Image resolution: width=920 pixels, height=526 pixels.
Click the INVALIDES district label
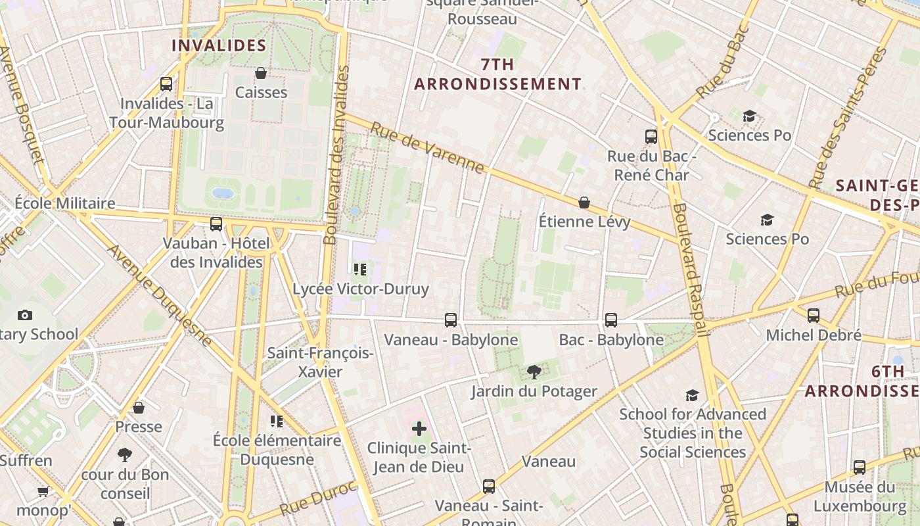[219, 45]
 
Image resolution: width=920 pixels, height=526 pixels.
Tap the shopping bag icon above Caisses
[261, 73]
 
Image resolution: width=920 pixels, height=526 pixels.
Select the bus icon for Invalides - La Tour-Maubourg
[166, 84]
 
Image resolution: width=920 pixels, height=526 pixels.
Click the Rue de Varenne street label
[427, 148]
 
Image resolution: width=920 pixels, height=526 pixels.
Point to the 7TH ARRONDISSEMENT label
[497, 74]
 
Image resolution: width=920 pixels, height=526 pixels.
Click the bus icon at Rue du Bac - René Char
[651, 137]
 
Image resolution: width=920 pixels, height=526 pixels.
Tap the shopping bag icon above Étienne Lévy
[584, 203]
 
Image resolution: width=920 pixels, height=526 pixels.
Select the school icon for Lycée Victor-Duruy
[359, 270]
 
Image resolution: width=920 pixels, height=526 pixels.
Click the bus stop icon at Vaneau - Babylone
[451, 320]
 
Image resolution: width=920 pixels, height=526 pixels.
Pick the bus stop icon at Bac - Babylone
[611, 320]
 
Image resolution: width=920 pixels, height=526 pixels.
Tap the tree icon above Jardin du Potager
[534, 372]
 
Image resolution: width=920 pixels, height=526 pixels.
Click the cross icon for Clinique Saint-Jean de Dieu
[419, 429]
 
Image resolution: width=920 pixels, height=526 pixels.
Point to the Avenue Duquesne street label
[160, 296]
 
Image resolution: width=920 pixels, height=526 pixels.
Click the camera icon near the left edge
[25, 316]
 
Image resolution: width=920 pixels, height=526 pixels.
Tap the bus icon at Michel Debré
[814, 316]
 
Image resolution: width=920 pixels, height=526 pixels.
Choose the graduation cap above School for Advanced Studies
[692, 395]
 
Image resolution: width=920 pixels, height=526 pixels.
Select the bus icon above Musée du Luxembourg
[860, 467]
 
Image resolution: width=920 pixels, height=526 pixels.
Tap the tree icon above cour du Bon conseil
[125, 455]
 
